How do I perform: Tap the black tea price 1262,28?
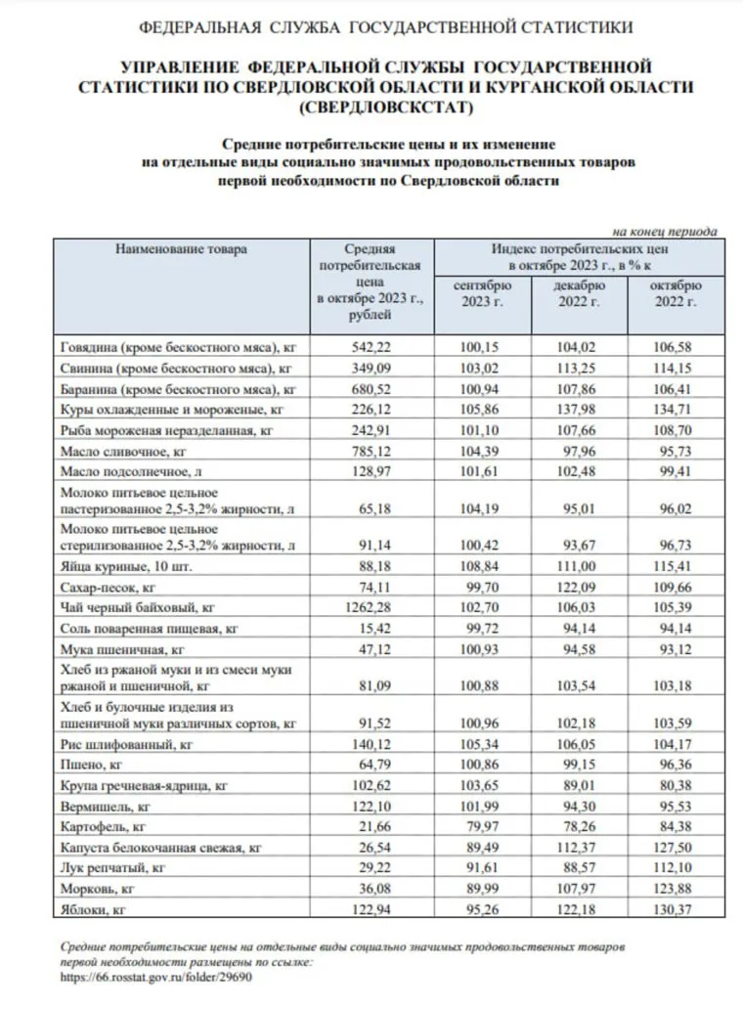coord(370,608)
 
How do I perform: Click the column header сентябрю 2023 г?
coord(482,293)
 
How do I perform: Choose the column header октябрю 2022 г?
coord(676,293)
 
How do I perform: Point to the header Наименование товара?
coord(182,249)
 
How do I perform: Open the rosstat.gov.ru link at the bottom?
coord(155,976)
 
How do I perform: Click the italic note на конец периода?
coord(665,232)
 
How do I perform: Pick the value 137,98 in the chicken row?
coord(580,410)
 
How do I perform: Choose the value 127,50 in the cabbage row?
coord(676,848)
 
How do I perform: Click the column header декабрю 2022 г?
coord(580,293)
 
